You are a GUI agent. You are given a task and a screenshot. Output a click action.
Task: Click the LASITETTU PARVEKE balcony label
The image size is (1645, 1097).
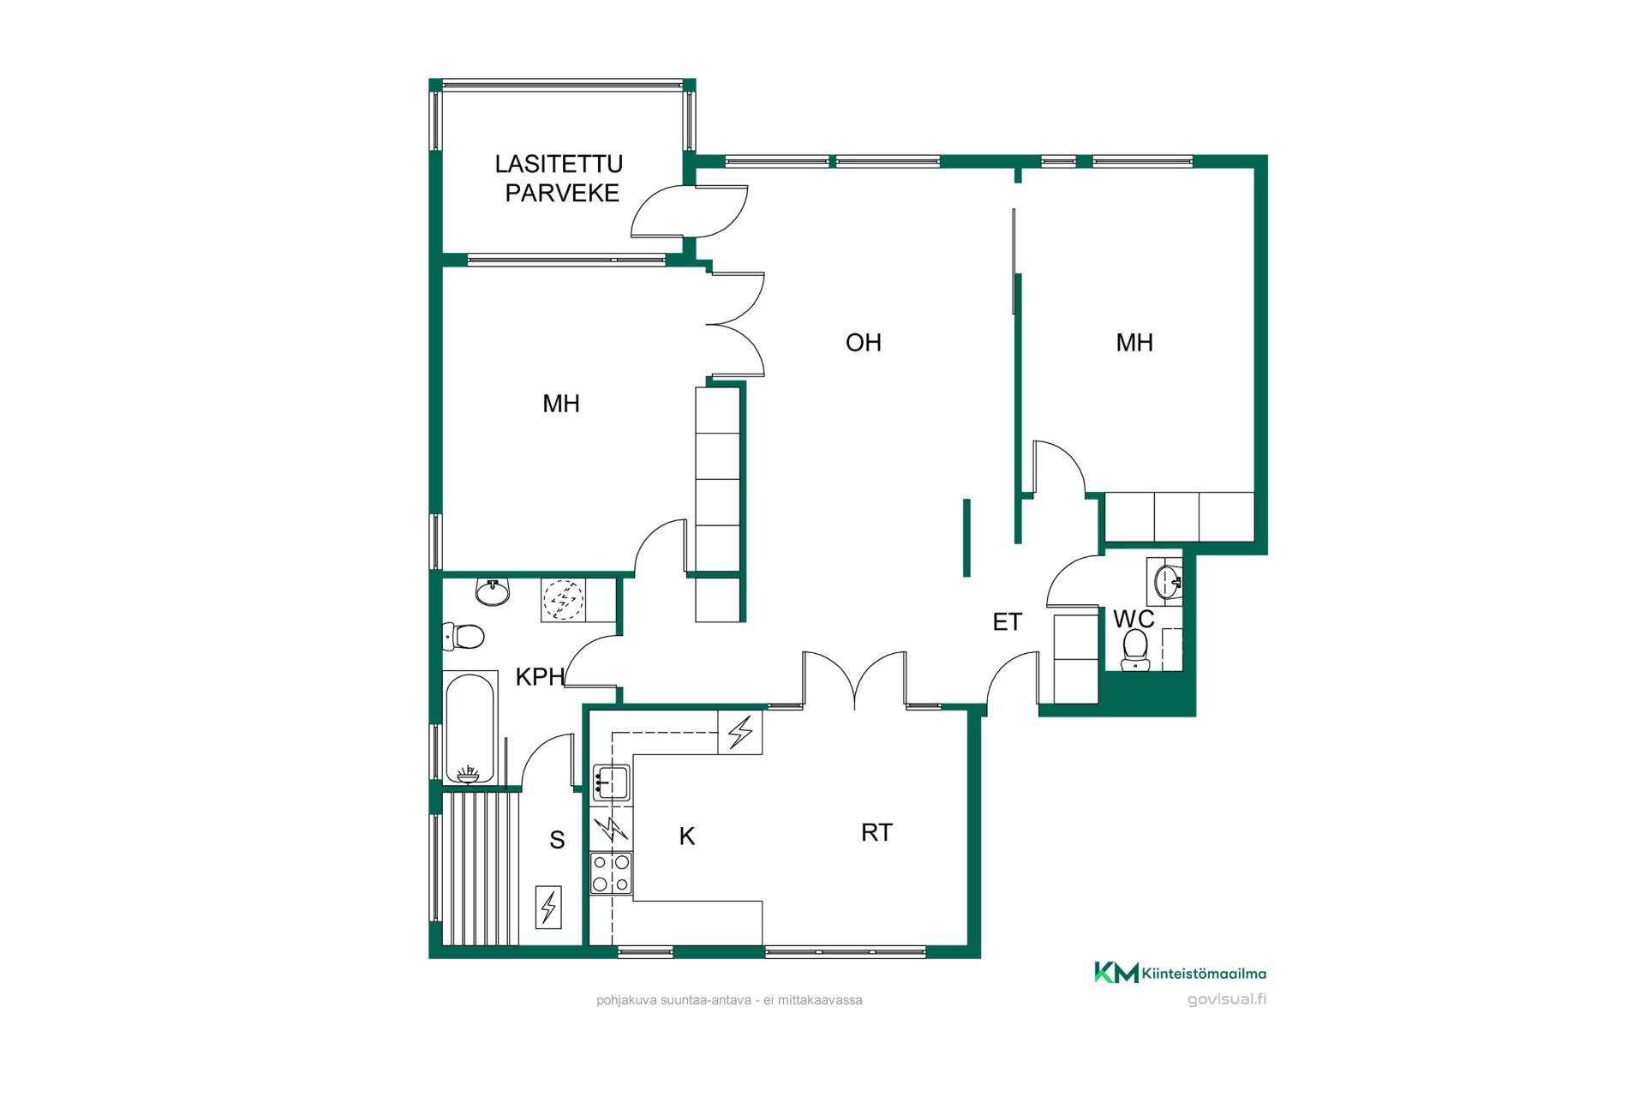point(560,178)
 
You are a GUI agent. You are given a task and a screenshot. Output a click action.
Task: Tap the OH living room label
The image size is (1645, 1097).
point(863,343)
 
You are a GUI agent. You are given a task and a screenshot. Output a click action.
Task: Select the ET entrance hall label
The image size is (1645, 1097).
point(1007,622)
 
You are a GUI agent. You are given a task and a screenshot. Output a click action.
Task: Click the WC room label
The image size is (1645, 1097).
point(1134,619)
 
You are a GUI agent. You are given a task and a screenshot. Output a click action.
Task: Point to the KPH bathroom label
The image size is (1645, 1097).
point(540,677)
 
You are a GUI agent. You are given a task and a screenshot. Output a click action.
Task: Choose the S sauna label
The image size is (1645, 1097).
point(557,840)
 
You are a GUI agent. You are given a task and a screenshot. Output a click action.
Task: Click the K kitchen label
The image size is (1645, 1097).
point(686,836)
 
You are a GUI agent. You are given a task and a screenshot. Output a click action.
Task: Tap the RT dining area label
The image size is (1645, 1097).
point(876,832)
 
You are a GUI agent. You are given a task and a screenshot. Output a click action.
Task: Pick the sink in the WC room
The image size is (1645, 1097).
point(1167,582)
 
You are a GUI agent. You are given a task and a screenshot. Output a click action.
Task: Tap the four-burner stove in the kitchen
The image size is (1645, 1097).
point(611,873)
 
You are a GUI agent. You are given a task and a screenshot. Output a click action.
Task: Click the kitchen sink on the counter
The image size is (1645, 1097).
point(610,782)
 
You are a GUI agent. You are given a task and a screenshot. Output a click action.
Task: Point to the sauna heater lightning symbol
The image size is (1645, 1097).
point(548,907)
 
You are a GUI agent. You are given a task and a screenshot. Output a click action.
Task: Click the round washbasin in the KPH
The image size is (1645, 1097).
point(492,591)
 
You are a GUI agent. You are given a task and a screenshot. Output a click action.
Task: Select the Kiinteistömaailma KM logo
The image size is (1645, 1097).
point(1180,973)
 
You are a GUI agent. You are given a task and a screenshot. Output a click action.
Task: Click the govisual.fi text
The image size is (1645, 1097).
point(1227,999)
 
